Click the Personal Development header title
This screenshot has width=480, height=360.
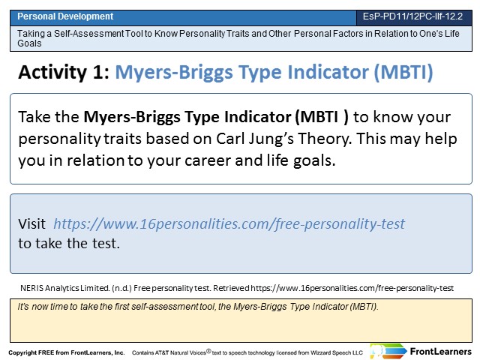click(65, 16)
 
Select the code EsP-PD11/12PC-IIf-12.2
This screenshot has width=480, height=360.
click(412, 16)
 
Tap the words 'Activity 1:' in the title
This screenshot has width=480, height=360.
click(64, 73)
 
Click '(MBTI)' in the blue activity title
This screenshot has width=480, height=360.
click(403, 73)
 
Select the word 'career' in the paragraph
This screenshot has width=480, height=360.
click(208, 160)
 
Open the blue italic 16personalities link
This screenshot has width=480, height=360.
click(229, 224)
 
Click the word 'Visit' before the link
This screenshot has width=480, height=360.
click(31, 223)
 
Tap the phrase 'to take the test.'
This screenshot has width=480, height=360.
click(69, 244)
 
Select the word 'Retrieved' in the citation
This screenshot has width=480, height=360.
click(231, 288)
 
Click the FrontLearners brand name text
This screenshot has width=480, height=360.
click(441, 352)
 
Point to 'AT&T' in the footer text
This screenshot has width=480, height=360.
click(162, 352)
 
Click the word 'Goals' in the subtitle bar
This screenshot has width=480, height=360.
click(29, 43)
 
